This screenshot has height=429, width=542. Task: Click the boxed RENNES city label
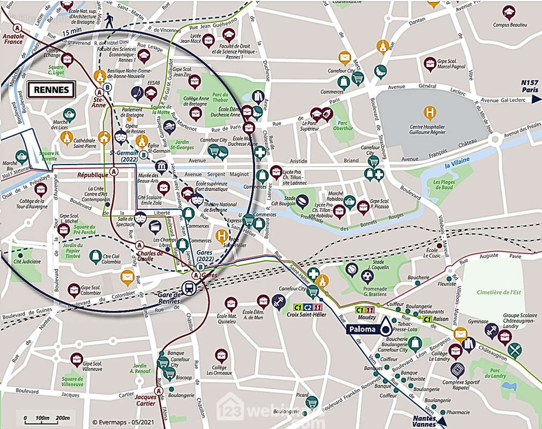pyautogui.click(x=51, y=90)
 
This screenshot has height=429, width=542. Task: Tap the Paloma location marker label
pyautogui.click(x=363, y=329)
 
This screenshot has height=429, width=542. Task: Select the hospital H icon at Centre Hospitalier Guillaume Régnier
pyautogui.click(x=429, y=113)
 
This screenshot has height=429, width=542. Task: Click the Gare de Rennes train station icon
pyautogui.click(x=189, y=287)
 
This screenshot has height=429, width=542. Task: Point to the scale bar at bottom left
pyautogui.click(x=47, y=418)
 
